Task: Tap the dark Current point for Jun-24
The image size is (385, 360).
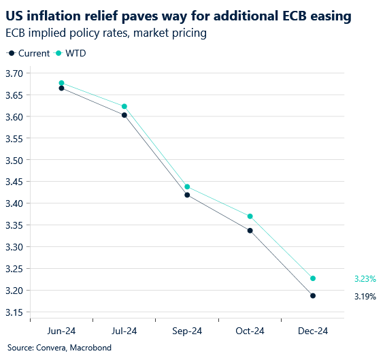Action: [x=61, y=88]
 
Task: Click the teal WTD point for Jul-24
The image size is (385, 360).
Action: [x=124, y=106]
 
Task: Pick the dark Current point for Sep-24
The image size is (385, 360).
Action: [x=187, y=195]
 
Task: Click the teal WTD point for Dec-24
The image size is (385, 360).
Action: [x=313, y=278]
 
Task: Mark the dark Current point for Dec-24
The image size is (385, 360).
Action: [x=313, y=295]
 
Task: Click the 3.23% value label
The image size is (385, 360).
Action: [x=365, y=279]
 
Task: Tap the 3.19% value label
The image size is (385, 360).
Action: [x=365, y=296]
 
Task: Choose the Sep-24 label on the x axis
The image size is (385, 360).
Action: [x=187, y=331]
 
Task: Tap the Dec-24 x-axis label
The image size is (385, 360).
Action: [x=313, y=331]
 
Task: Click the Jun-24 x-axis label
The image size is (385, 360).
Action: [x=61, y=331]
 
